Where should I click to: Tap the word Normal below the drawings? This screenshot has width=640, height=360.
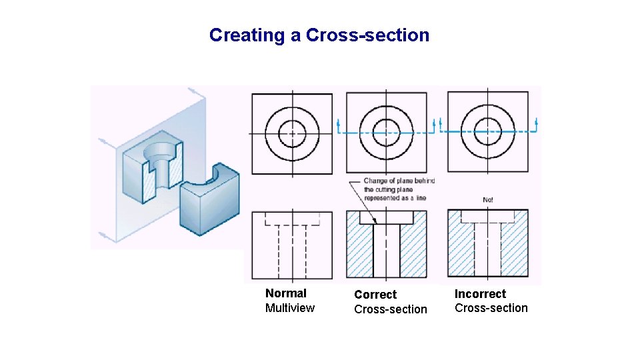(285, 293)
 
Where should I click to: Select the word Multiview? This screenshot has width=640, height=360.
(289, 308)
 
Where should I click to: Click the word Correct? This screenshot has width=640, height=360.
(375, 295)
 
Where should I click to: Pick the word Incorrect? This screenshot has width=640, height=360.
(480, 294)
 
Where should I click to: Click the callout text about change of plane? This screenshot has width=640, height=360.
(399, 189)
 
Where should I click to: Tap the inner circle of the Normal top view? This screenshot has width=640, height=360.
(291, 132)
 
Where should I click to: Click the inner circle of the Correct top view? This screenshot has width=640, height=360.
(385, 132)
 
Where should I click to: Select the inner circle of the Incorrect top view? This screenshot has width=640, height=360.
(487, 132)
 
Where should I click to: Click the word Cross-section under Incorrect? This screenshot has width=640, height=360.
(491, 308)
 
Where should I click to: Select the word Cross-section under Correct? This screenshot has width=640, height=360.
(390, 309)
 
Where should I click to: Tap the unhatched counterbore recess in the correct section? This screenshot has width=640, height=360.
(387, 217)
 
